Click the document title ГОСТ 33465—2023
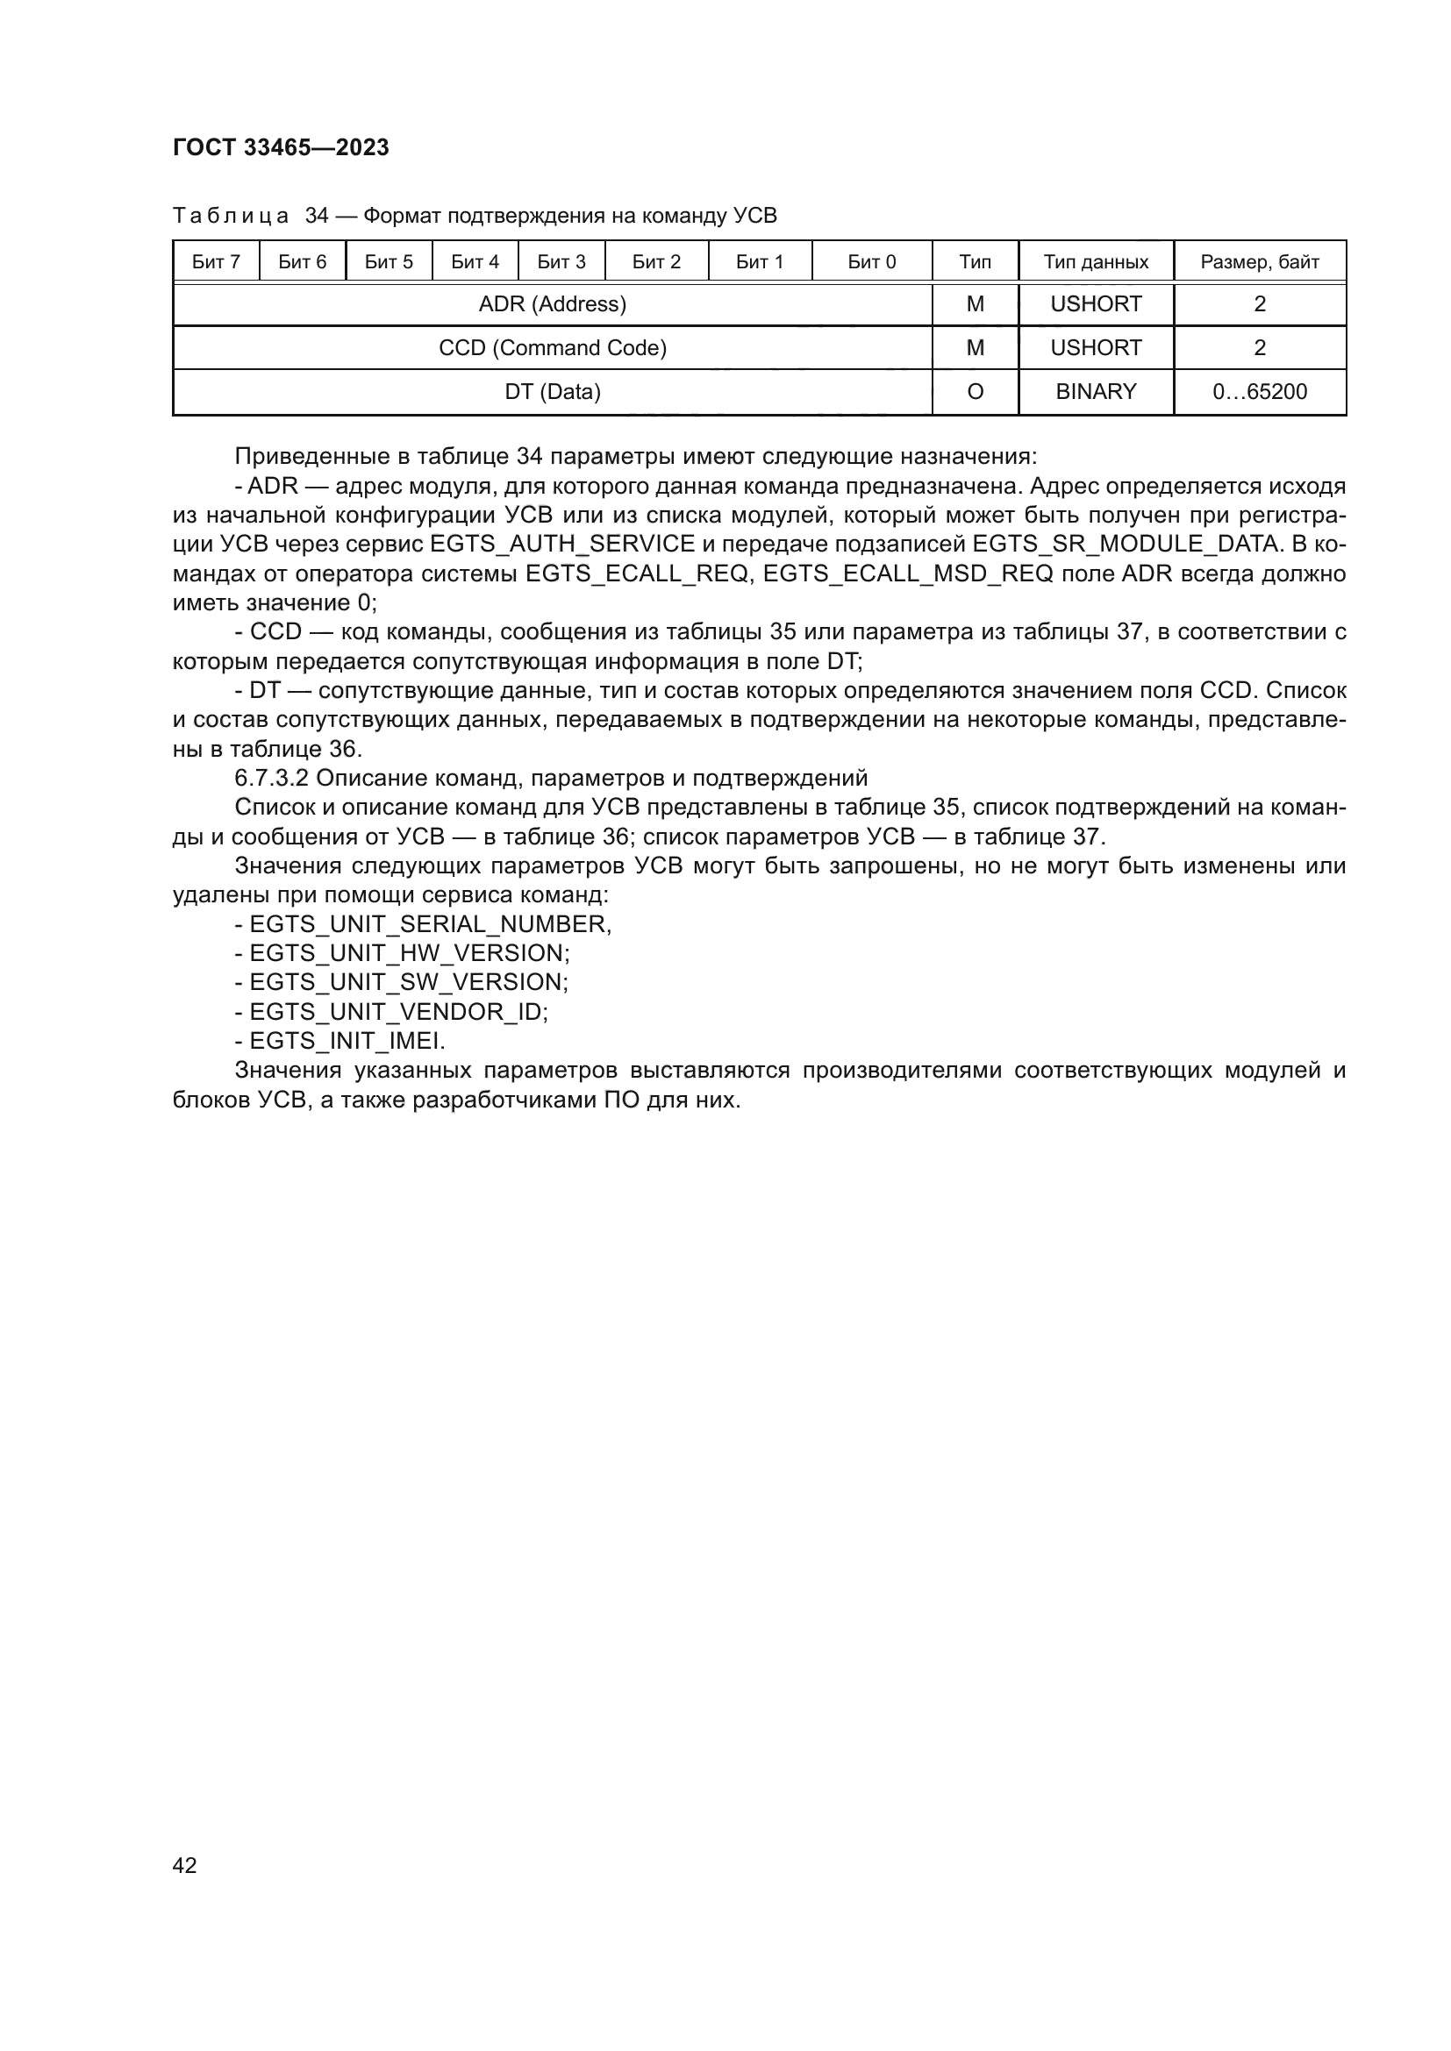pos(281,147)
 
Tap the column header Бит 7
pos(215,261)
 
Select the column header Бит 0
pos(871,261)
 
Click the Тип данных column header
pos(1096,261)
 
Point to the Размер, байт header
pos(1259,261)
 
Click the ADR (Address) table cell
pos(552,304)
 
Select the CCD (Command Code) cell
pos(552,347)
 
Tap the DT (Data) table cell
pos(552,391)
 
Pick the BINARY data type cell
pos(1096,391)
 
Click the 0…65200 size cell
pos(1259,391)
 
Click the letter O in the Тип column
pos(975,391)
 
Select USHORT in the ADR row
pos(1096,304)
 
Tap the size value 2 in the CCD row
pos(1259,347)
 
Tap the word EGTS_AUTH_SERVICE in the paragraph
pos(562,544)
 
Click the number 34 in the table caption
pos(317,216)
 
